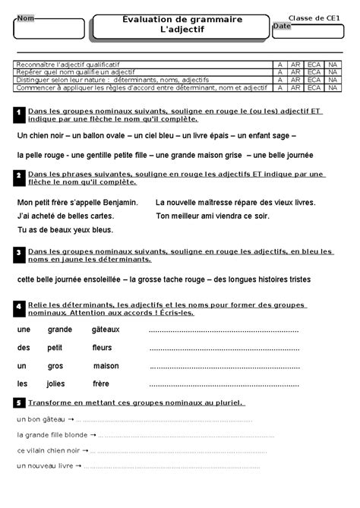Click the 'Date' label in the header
pos(282,26)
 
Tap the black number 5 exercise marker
pos(18,402)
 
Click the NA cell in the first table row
pos(333,65)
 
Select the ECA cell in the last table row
pos(314,87)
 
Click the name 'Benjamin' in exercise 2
pos(120,203)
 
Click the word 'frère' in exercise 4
pos(101,383)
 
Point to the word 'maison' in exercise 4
pos(106,365)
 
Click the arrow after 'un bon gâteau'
pos(71,419)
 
